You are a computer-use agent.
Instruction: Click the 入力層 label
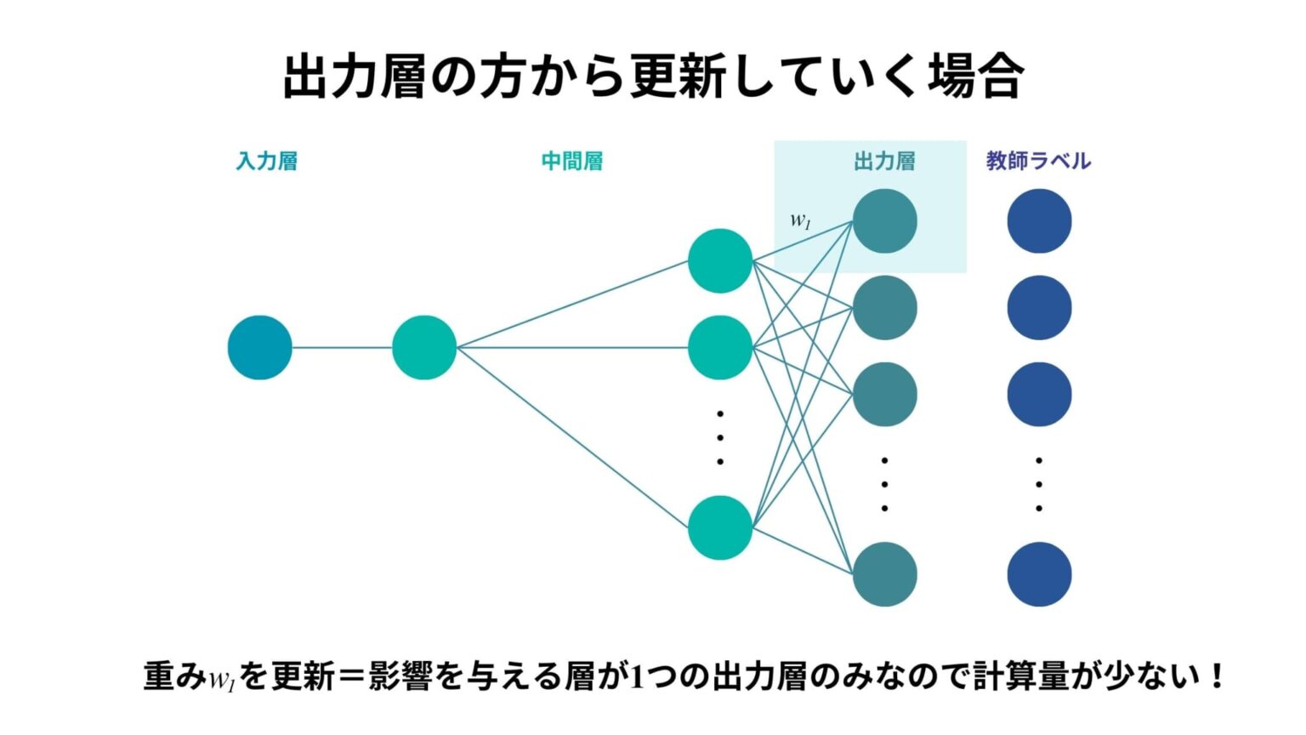tap(267, 161)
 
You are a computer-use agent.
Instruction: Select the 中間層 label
tap(572, 161)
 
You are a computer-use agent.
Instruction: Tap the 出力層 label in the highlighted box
tap(885, 161)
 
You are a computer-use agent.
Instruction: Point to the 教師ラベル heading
tap(1038, 161)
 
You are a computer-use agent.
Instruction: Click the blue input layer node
tap(260, 348)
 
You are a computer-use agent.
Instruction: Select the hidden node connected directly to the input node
tap(424, 348)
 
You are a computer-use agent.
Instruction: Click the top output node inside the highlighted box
tap(885, 221)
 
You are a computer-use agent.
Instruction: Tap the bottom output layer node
tap(885, 574)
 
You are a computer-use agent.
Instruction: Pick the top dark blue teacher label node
tap(1040, 221)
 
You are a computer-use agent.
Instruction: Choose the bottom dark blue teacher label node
tap(1040, 574)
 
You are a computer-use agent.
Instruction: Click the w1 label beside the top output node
tap(800, 220)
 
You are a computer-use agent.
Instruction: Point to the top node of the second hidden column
tap(720, 261)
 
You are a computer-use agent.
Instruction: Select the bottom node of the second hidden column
tap(720, 528)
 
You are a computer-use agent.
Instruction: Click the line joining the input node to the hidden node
tap(343, 348)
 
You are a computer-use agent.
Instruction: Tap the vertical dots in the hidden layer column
tap(720, 438)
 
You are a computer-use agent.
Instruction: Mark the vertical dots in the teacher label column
tap(1039, 485)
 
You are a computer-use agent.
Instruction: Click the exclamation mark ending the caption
tap(1216, 676)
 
